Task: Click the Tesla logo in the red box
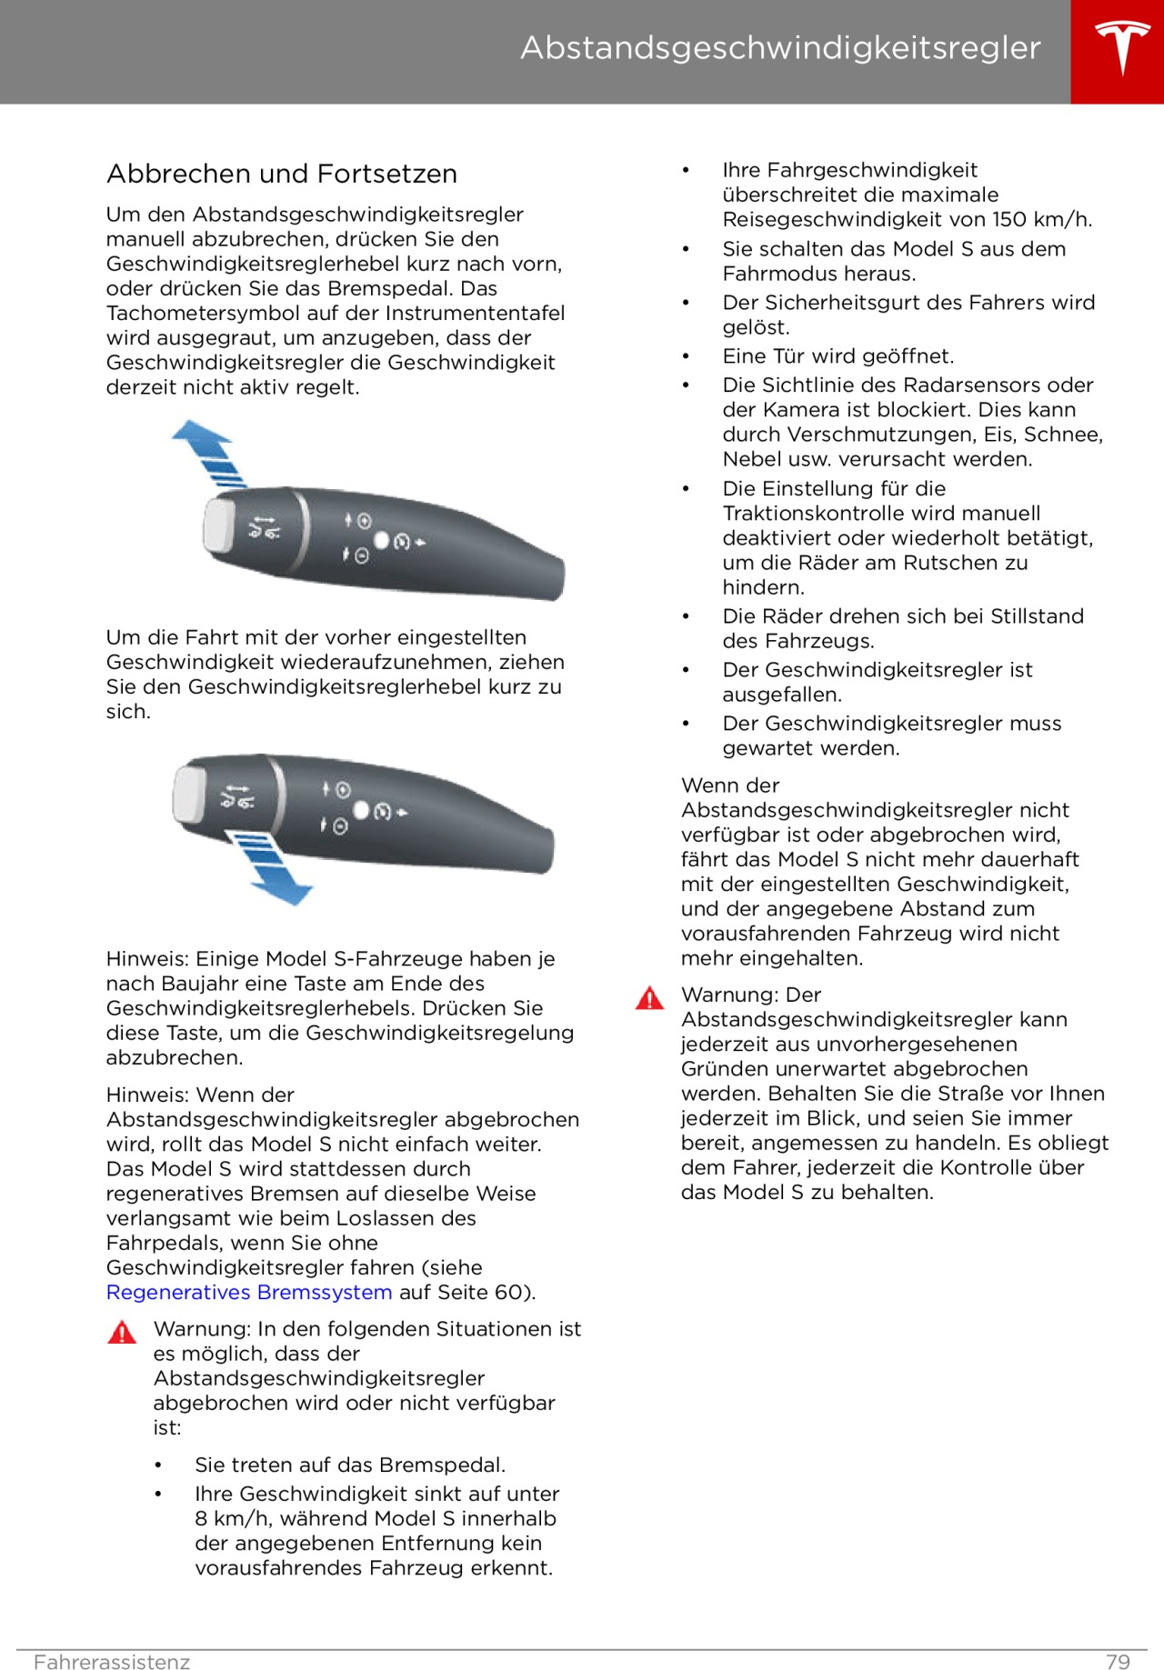click(x=1121, y=47)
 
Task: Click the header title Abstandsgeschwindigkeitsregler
click(x=780, y=48)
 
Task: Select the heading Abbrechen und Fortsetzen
click(x=282, y=174)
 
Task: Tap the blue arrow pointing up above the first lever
click(x=207, y=450)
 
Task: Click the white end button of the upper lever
click(x=219, y=525)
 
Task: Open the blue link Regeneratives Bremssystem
click(x=249, y=1292)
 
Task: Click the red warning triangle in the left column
click(x=122, y=1333)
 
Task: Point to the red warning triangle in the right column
click(x=649, y=998)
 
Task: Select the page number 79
click(x=1118, y=1662)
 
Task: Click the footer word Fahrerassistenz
click(x=112, y=1662)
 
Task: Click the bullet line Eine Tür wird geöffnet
click(x=838, y=355)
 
